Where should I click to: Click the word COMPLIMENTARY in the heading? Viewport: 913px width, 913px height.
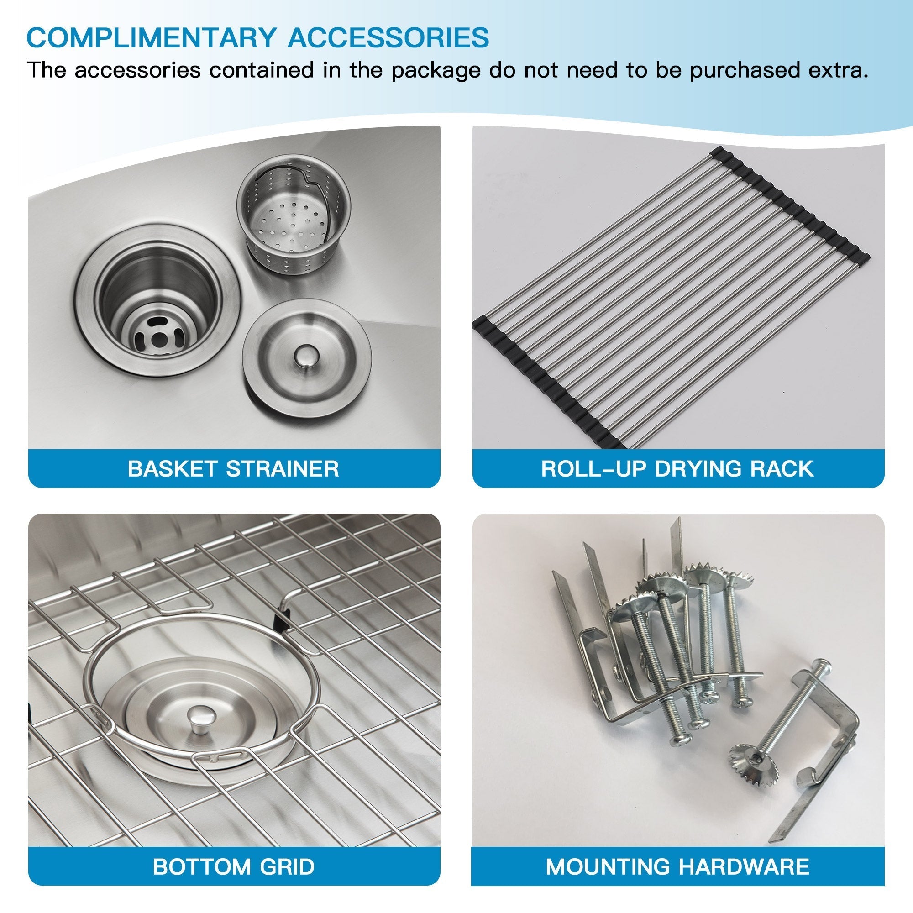(x=151, y=38)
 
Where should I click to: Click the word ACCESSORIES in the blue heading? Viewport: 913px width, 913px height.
(x=388, y=38)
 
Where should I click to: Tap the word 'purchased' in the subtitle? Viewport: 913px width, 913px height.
(x=744, y=70)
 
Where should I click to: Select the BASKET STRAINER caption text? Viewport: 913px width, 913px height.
(x=233, y=469)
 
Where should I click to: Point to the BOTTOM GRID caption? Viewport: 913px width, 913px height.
(x=233, y=866)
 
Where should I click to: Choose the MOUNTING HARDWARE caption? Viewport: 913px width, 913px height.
(x=677, y=866)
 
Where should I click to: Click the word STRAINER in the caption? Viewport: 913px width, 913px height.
(x=282, y=469)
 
